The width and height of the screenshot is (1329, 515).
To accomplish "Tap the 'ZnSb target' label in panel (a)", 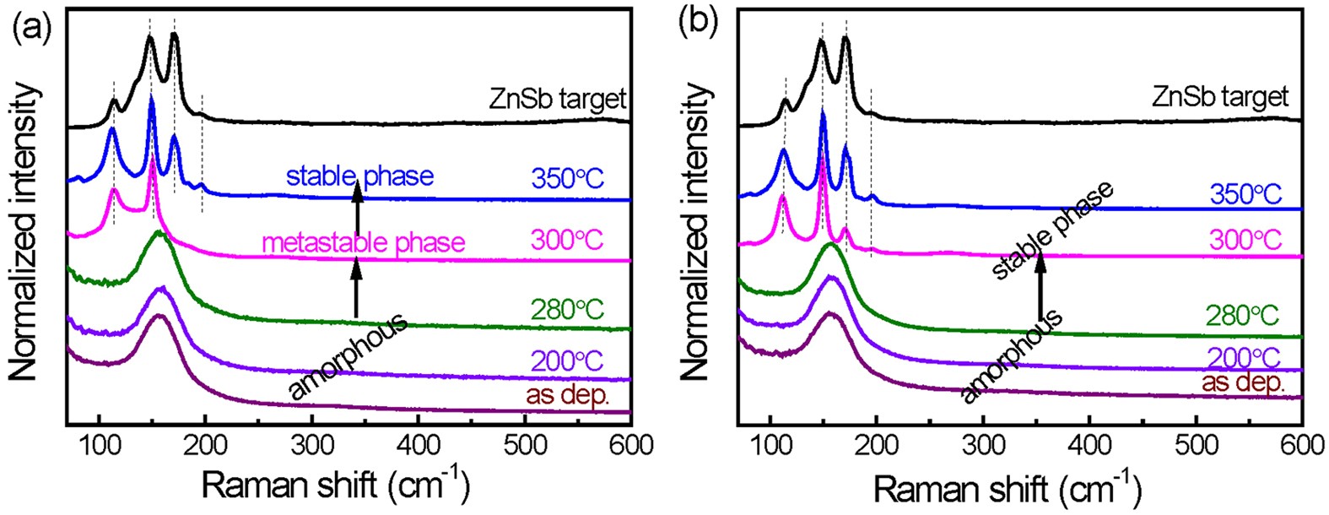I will [557, 100].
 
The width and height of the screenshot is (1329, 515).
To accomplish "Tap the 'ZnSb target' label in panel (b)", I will [1220, 95].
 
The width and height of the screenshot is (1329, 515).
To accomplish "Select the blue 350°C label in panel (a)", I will [567, 179].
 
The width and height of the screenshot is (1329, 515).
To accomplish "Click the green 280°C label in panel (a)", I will [567, 309].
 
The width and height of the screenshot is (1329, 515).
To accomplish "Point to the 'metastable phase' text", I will [364, 243].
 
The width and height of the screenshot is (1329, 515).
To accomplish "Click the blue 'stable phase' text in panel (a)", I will [359, 176].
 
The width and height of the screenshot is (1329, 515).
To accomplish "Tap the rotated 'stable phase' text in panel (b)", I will [1051, 230].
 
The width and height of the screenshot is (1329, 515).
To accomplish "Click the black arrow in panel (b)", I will [1040, 287].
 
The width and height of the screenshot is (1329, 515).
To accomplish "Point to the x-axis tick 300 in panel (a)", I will [312, 445].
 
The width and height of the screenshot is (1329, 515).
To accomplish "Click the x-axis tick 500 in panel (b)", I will [1197, 445].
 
